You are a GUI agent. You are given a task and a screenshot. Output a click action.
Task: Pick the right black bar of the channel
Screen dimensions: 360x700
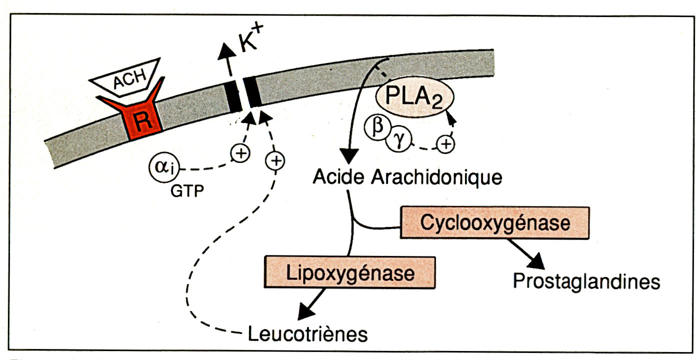tap(253, 92)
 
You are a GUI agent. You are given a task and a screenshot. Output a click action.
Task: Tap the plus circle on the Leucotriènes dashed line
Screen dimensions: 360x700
tap(274, 160)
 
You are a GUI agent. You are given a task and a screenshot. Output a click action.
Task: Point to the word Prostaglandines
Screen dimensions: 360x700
tap(586, 282)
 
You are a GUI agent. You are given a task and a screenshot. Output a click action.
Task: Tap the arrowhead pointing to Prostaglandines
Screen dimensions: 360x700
tap(536, 259)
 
